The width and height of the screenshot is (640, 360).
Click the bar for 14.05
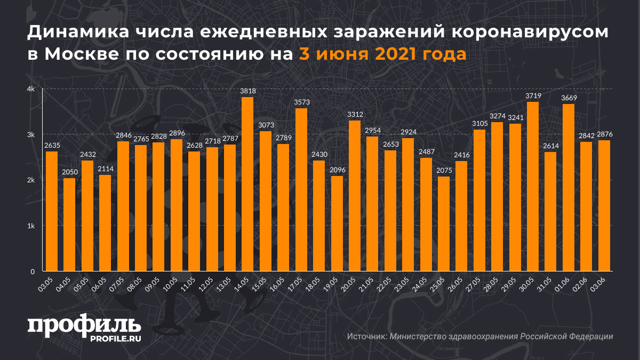click(x=247, y=184)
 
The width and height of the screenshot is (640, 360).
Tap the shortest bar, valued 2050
click(x=69, y=225)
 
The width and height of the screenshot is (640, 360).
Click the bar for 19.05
click(x=337, y=223)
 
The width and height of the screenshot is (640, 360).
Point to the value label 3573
click(x=301, y=102)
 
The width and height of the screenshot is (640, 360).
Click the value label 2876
click(x=604, y=134)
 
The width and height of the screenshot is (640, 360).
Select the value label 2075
click(x=443, y=170)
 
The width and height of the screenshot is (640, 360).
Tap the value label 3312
click(x=354, y=114)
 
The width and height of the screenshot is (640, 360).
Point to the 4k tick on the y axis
click(x=31, y=89)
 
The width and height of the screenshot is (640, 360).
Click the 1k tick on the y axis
click(x=31, y=226)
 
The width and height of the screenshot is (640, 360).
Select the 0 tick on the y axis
click(x=33, y=271)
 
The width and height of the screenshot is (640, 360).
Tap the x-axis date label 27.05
click(x=477, y=285)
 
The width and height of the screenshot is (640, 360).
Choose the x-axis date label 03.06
click(x=602, y=285)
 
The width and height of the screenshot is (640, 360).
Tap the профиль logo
click(x=84, y=325)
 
